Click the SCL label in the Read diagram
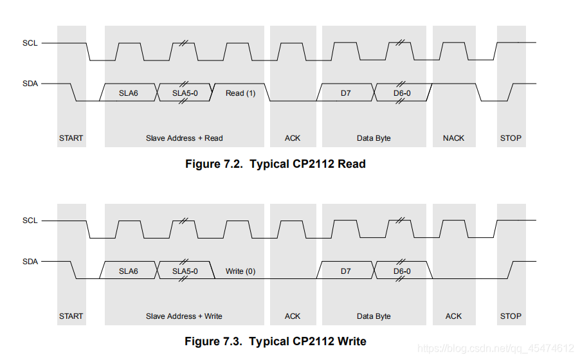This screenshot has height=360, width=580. [30, 43]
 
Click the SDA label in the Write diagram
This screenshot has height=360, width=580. [30, 262]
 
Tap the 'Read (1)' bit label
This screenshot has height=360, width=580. [240, 93]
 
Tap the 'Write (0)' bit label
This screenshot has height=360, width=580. [240, 271]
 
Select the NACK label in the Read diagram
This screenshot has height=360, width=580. [453, 138]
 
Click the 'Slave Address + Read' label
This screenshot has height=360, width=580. [185, 138]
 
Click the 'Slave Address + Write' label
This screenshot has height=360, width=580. [185, 316]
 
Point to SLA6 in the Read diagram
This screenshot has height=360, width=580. [129, 93]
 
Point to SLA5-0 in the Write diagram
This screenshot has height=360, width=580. [185, 271]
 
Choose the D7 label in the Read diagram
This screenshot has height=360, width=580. [346, 93]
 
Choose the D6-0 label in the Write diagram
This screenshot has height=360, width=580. [402, 271]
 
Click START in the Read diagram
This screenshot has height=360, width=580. [71, 138]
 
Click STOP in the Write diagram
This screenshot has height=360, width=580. [511, 316]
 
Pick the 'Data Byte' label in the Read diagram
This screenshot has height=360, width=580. [374, 138]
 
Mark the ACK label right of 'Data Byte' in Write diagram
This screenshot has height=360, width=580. [453, 316]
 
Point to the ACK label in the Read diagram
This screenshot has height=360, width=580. [293, 138]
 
